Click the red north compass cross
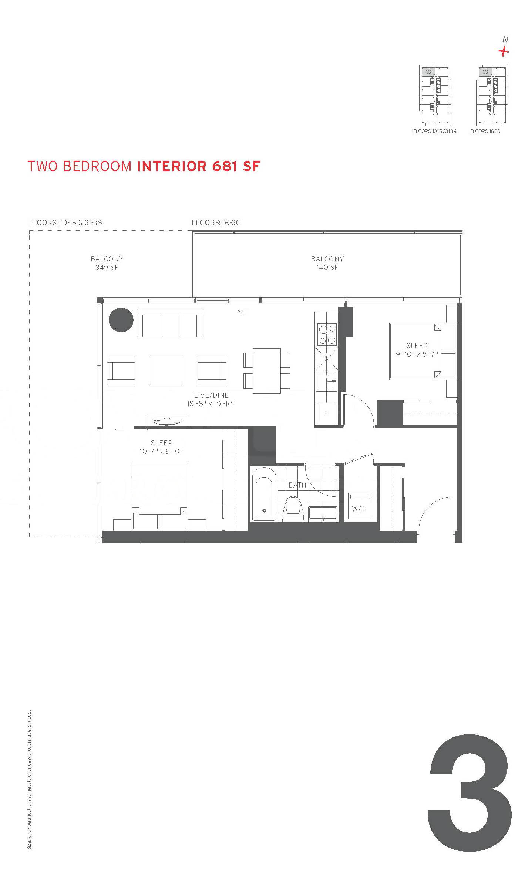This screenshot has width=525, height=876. [x=504, y=51]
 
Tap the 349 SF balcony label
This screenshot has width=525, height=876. [x=107, y=263]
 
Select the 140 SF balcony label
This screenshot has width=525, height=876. [x=327, y=263]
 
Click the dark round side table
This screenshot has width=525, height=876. [x=121, y=320]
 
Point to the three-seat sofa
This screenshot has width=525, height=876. [x=169, y=323]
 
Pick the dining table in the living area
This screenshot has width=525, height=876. [x=267, y=370]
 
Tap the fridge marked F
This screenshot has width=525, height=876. [x=326, y=414]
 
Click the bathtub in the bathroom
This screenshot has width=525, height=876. [x=264, y=499]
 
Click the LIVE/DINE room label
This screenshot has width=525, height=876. [x=211, y=395]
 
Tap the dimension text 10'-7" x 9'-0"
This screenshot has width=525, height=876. [x=162, y=451]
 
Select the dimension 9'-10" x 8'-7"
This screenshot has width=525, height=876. [x=417, y=354]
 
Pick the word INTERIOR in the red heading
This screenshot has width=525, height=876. [x=172, y=166]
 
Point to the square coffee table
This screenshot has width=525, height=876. [x=166, y=370]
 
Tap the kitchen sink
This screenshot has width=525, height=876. [x=326, y=381]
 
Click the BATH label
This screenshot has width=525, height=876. [x=297, y=485]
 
